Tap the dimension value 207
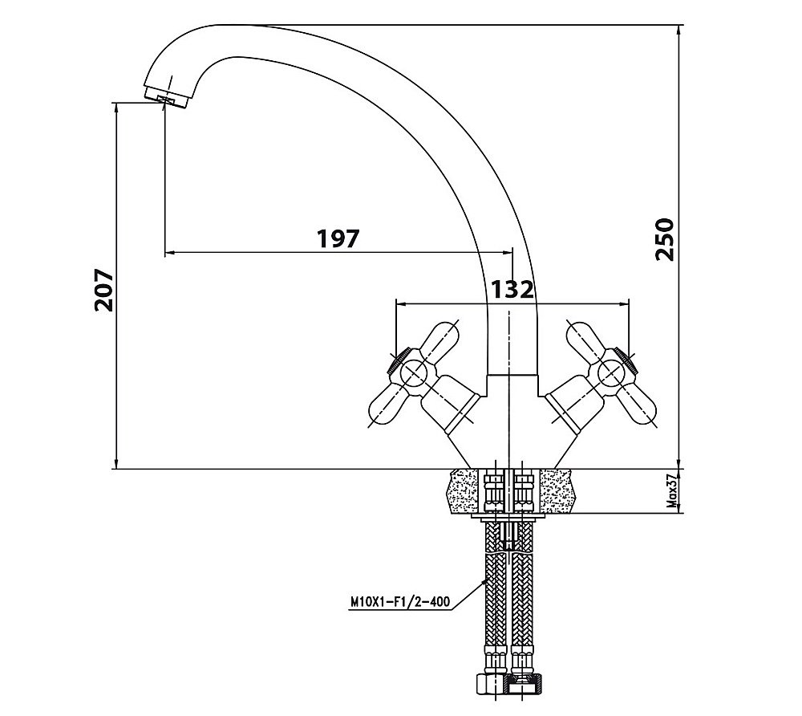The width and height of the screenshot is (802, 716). (x=104, y=290)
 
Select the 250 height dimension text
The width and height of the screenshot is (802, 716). (x=665, y=239)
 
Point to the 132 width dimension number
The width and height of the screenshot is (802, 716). (x=512, y=290)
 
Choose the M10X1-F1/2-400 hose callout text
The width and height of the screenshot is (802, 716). (x=400, y=601)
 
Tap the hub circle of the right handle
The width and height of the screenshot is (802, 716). (x=610, y=372)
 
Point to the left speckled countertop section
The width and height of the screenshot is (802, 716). (x=465, y=490)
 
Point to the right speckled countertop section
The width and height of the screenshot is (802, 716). (x=561, y=490)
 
